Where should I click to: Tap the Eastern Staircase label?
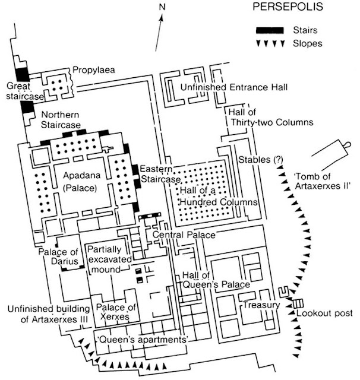coord(160,173)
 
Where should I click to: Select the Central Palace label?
coord(184,236)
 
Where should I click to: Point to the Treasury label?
coord(262,305)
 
